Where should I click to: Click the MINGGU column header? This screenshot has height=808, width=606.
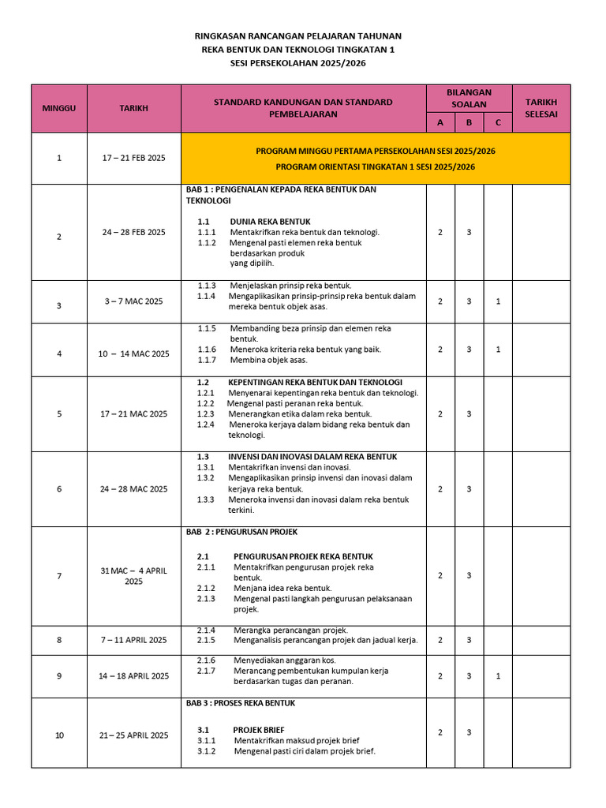[59, 108]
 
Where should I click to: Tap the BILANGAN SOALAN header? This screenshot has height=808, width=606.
[469, 98]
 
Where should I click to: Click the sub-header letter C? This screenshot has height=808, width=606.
[498, 122]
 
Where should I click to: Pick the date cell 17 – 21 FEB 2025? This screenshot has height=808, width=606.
[133, 158]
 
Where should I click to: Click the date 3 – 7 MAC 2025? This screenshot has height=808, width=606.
[133, 301]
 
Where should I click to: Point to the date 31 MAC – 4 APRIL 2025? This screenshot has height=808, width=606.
[133, 575]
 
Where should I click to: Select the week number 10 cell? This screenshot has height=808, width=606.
[59, 735]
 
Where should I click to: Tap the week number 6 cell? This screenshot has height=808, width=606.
[59, 488]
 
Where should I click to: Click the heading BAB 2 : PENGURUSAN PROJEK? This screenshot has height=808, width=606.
[241, 532]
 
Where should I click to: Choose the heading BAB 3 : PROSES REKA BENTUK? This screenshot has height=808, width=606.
[241, 702]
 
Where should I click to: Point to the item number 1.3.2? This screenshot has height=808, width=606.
[206, 477]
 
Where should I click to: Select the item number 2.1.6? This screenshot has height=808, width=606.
[206, 660]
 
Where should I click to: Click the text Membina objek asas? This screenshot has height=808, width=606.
[268, 360]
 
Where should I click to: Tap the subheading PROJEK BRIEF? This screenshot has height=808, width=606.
[259, 730]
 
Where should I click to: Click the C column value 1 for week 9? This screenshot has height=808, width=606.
[498, 676]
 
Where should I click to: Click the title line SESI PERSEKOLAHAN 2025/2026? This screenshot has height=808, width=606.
[297, 63]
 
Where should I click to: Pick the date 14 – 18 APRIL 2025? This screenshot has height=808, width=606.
[133, 676]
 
